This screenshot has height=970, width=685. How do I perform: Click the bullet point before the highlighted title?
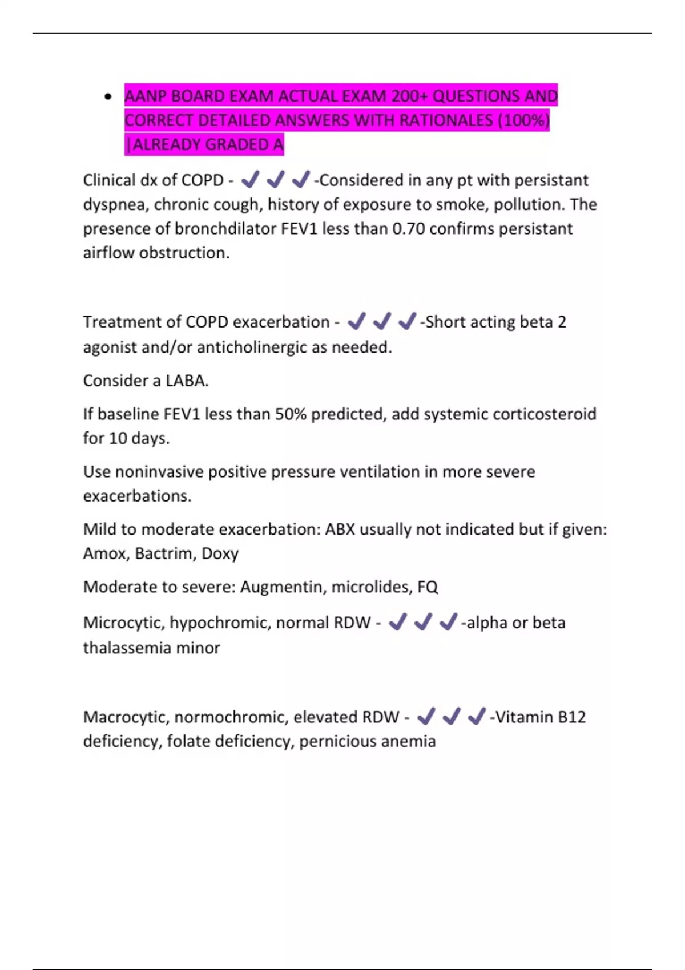(108, 96)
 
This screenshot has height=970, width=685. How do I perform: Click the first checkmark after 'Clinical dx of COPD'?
(250, 180)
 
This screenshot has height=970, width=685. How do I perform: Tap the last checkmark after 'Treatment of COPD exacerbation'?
(407, 322)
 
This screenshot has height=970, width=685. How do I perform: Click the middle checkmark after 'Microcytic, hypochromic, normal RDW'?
(422, 622)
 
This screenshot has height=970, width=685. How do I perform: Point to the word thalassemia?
(131, 648)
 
